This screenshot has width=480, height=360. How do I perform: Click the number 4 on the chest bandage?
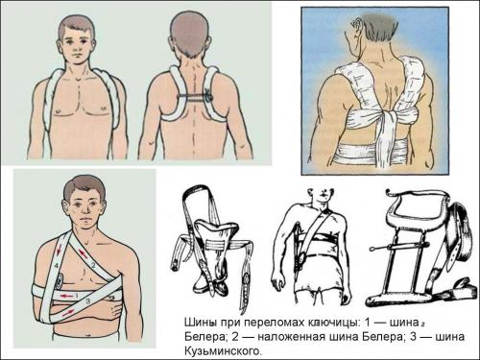pyautogui.click(x=57, y=265)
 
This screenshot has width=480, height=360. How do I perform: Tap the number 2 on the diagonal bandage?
pyautogui.click(x=93, y=265)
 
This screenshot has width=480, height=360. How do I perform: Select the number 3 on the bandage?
pyautogui.click(x=87, y=301)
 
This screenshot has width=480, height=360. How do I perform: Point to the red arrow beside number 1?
pyautogui.click(x=66, y=296)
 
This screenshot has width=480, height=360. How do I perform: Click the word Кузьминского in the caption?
pyautogui.click(x=223, y=351)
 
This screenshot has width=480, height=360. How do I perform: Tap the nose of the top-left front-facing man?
pyautogui.click(x=77, y=48)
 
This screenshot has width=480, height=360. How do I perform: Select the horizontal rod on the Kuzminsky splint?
pyautogui.click(x=399, y=247)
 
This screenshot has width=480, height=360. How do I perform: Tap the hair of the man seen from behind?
pyautogui.click(x=189, y=31)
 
